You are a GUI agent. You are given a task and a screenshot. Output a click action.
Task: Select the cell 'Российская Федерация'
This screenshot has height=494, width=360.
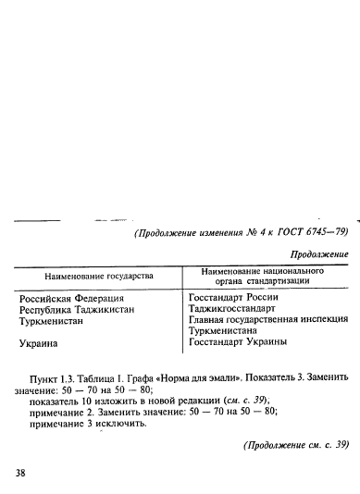tap(71, 298)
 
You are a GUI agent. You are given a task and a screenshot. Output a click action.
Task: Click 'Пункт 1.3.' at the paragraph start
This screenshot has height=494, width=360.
tap(54, 377)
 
